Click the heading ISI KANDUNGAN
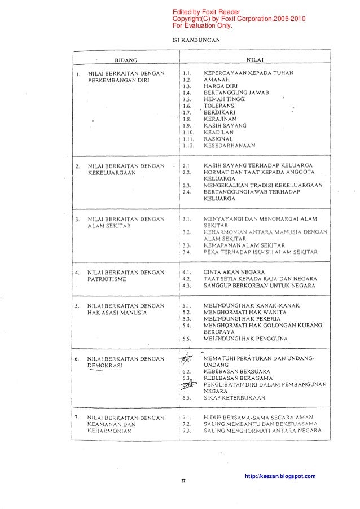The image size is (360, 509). pos(196,40)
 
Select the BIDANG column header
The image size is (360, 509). pos(128,59)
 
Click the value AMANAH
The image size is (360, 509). pos(217,80)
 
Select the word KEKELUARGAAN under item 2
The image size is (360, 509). pos(112,173)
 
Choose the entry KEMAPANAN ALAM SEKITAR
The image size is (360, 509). pos(244,245)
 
